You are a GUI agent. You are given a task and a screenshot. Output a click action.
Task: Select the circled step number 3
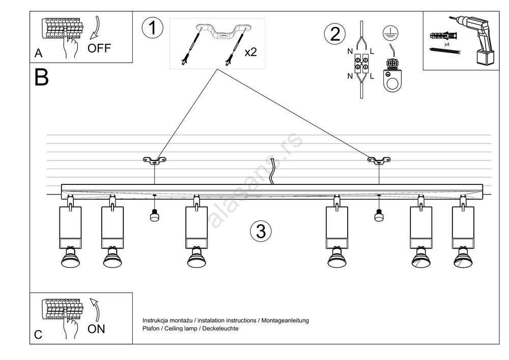coord(261,232)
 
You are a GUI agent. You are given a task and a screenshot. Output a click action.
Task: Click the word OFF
coord(99,48)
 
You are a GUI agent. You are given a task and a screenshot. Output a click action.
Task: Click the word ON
coord(96,329)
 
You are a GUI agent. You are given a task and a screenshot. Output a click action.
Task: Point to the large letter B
coord(42,77)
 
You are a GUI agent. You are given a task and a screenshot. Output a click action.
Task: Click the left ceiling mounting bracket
coord(154,161)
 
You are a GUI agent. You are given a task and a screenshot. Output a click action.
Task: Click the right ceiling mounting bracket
coord(379,161)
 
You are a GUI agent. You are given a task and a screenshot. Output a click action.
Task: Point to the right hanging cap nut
coord(379,216)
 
